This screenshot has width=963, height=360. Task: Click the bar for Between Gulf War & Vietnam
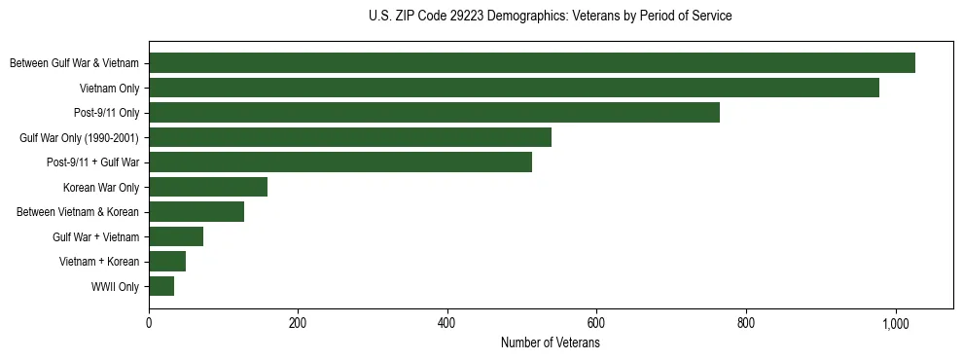[x=532, y=63]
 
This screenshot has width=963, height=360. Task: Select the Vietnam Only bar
[x=514, y=88]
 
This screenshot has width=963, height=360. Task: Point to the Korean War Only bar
[x=208, y=187]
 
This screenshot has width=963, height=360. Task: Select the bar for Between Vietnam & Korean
[x=196, y=212]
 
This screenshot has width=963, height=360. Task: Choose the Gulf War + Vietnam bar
[x=176, y=236]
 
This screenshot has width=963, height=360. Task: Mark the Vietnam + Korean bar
[x=167, y=262]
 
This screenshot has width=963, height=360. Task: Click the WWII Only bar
[x=161, y=286]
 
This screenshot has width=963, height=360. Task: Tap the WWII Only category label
[x=115, y=287]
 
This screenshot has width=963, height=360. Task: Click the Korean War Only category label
[x=101, y=188]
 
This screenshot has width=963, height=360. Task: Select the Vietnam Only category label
[x=109, y=89]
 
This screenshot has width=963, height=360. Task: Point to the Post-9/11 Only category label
[x=107, y=113]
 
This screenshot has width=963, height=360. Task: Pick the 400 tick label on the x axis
[x=447, y=323]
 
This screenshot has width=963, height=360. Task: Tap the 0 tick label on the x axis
[x=149, y=323]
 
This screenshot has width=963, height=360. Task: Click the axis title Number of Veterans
[x=551, y=343]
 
